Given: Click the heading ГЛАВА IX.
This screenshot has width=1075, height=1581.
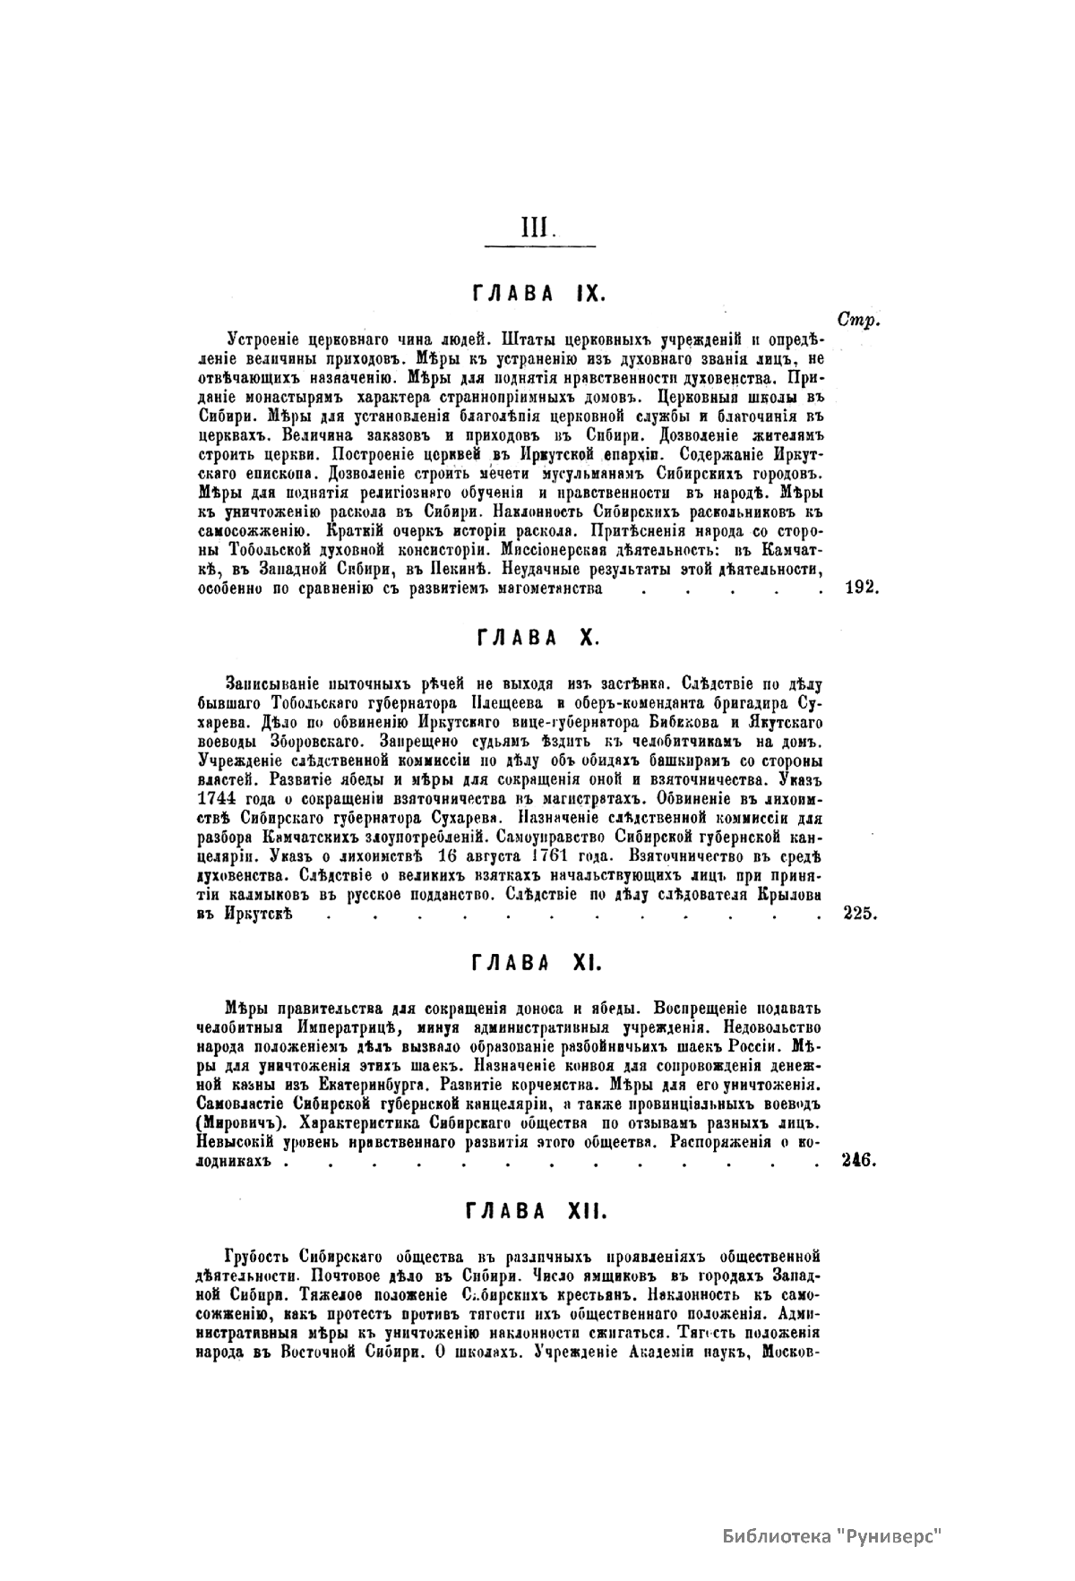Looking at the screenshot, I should tap(539, 293).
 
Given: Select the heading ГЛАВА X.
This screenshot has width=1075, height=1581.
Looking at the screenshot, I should tap(538, 638).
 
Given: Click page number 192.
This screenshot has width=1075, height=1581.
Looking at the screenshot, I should tap(863, 589).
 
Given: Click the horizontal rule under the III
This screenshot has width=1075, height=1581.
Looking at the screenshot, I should tap(539, 245).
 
